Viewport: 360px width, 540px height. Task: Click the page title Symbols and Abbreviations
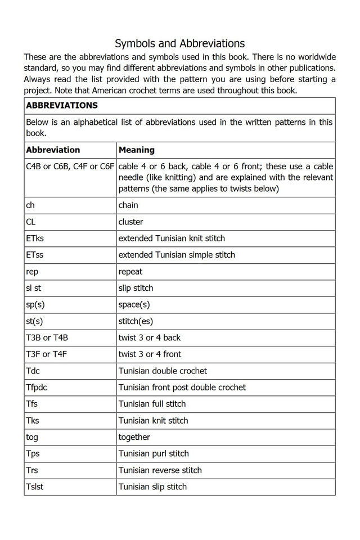(x=179, y=43)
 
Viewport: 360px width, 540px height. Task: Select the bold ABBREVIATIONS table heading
(x=62, y=105)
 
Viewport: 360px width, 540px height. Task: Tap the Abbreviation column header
(x=53, y=150)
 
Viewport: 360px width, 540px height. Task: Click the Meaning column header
(x=136, y=150)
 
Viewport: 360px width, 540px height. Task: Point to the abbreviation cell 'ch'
(x=30, y=205)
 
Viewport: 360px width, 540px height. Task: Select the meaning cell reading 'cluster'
(x=130, y=222)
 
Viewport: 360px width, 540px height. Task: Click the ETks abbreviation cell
(x=35, y=238)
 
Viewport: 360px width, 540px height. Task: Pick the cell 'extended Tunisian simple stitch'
(x=177, y=255)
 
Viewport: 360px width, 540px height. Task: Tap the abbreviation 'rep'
(x=32, y=271)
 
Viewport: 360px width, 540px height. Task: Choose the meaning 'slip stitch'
(x=136, y=288)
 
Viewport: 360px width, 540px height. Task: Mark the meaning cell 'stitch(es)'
(x=136, y=321)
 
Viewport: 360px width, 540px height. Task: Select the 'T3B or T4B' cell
(x=47, y=337)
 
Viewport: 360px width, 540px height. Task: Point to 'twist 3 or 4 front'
(x=150, y=354)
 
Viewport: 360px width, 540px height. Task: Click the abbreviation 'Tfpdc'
(x=37, y=387)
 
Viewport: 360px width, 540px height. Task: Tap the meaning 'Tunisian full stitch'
(x=152, y=404)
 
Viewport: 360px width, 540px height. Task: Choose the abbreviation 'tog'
(x=32, y=437)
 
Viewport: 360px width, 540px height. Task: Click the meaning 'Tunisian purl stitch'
(x=154, y=453)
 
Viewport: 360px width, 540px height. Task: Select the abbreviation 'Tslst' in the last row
(x=35, y=487)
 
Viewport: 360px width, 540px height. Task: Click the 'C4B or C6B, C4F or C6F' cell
(x=70, y=166)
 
